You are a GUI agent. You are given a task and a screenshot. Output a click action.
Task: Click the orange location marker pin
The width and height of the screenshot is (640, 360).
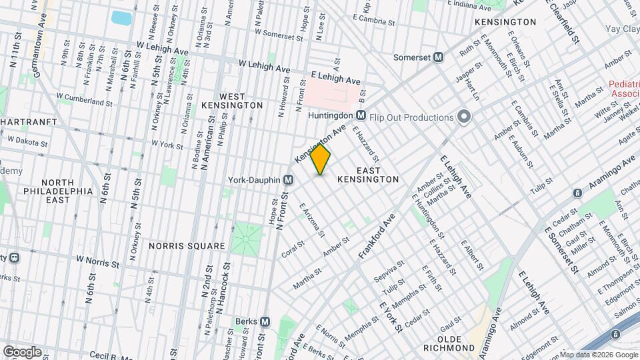(x=321, y=160)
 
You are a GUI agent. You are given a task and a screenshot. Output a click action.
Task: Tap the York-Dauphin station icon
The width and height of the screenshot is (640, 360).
(x=289, y=179)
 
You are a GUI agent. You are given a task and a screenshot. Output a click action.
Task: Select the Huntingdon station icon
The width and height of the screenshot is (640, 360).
(x=361, y=115)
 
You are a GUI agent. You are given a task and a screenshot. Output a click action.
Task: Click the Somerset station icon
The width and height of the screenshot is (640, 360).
(x=438, y=57)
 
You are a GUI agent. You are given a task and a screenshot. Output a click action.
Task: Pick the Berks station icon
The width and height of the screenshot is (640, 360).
(x=265, y=321)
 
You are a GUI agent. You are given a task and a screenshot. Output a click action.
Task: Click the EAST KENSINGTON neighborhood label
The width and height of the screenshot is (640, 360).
(x=368, y=175)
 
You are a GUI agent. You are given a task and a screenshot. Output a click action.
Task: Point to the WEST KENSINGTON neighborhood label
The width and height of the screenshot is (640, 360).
(x=232, y=100)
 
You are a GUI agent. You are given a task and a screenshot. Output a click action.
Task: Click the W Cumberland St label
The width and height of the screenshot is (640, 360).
(x=84, y=100)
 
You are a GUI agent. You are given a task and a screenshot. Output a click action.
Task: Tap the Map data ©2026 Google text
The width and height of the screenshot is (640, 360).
(x=599, y=355)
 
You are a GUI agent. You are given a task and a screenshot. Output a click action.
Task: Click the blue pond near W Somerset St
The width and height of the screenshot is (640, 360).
(x=121, y=17)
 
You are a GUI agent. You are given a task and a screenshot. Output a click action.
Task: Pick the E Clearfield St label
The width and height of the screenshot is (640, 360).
(x=565, y=20)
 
